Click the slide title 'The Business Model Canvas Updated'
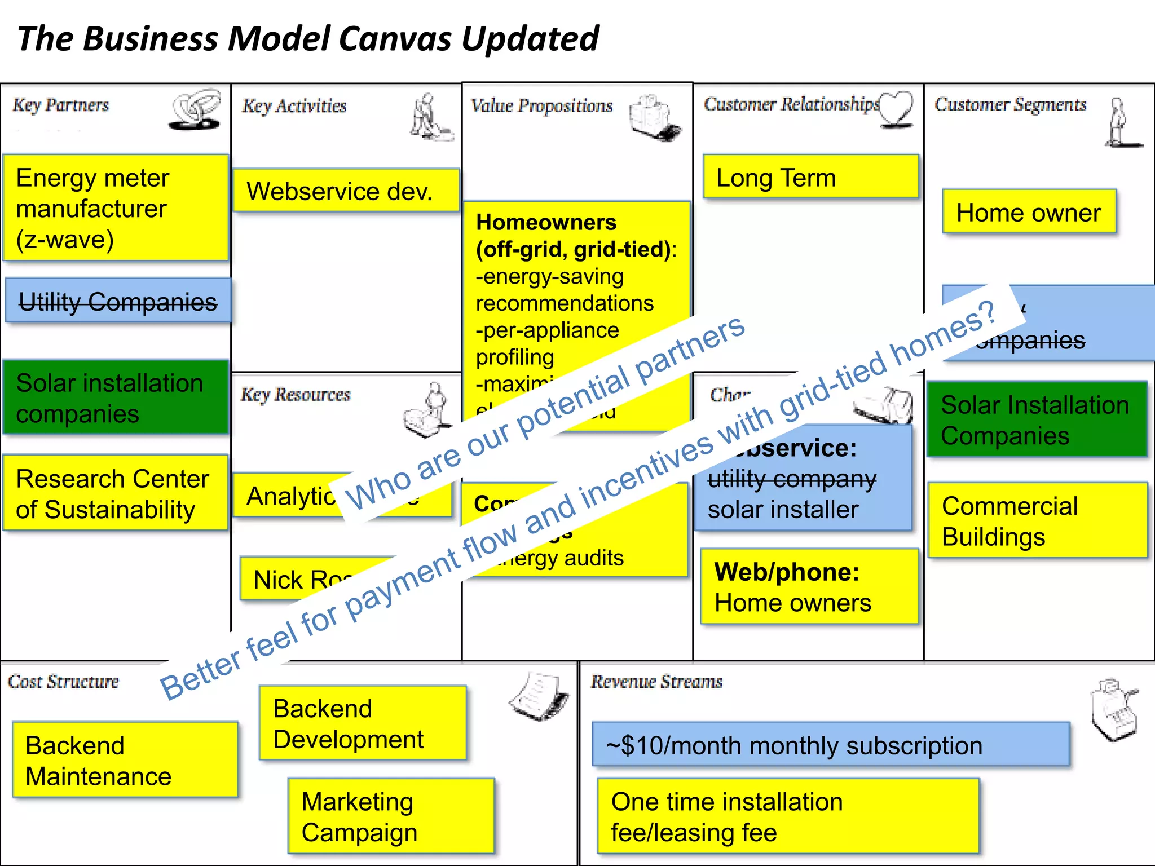pos(308,38)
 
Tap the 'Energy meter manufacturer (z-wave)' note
pos(116,207)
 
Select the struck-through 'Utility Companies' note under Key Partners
pos(118,301)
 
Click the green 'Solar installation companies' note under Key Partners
pos(116,397)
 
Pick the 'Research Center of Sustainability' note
pos(116,493)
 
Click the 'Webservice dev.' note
pos(346,191)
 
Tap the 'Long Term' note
pos(810,177)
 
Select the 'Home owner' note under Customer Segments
pos(1029,212)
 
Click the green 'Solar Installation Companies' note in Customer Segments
pos(1037,419)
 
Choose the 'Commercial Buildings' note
pos(1037,520)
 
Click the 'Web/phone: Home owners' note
pos(809,586)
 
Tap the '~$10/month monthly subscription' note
pos(830,745)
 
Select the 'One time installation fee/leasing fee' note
pos(787,816)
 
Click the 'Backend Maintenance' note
pos(125,760)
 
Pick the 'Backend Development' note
pos(363,723)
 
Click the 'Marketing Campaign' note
pos(390,816)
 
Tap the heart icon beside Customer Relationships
pos(897,109)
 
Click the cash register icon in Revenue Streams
pos(1113,710)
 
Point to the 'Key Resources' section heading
pos(296,394)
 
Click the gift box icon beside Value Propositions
pos(654,117)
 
